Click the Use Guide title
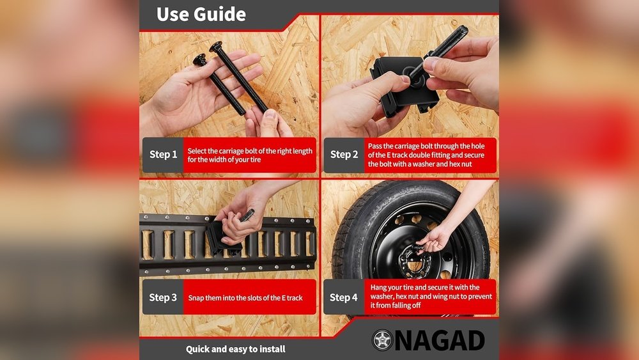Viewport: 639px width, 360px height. (201, 14)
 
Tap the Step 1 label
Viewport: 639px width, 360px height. (163, 155)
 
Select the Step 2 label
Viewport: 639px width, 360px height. (344, 155)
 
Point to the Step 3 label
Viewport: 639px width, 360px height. (163, 297)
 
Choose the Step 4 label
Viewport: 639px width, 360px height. (344, 297)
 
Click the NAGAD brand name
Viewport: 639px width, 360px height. (440, 340)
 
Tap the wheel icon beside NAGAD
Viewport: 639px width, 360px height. (382, 340)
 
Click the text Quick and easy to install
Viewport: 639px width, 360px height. (236, 349)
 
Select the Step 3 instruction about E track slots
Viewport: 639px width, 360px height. (245, 298)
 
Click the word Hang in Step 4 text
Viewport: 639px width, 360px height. (378, 288)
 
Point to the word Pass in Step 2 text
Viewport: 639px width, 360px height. (375, 146)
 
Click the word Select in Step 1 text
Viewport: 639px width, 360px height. (197, 151)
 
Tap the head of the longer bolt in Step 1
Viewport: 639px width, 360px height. (215, 47)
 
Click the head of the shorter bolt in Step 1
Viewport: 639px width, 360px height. (199, 59)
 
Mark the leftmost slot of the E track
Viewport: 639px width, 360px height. (147, 245)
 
